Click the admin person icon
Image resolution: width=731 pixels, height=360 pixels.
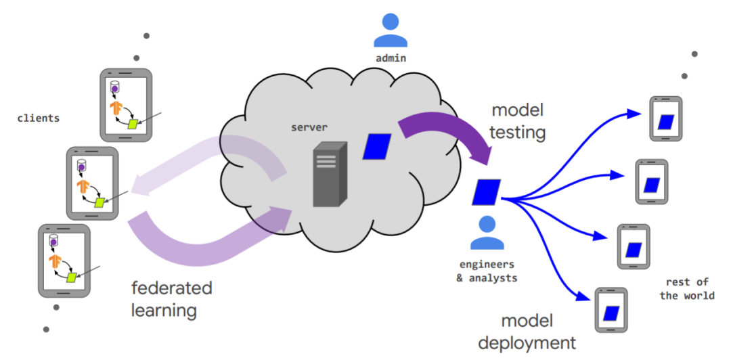391,30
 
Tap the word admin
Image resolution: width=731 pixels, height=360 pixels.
391,58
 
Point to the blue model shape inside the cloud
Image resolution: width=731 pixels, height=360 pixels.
377,146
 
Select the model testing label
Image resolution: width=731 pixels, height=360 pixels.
518,121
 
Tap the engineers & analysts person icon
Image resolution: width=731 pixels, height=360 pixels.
485,233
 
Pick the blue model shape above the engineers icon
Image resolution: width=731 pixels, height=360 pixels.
487,192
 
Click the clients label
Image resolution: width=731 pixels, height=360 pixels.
39,118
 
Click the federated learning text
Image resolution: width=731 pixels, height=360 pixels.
171,299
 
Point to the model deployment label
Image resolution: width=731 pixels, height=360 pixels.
527,332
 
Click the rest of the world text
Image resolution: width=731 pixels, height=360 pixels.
687,289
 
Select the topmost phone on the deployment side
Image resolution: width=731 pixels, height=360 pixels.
666,119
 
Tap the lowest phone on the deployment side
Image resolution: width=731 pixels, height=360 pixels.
611,311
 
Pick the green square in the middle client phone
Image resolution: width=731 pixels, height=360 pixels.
100,202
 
